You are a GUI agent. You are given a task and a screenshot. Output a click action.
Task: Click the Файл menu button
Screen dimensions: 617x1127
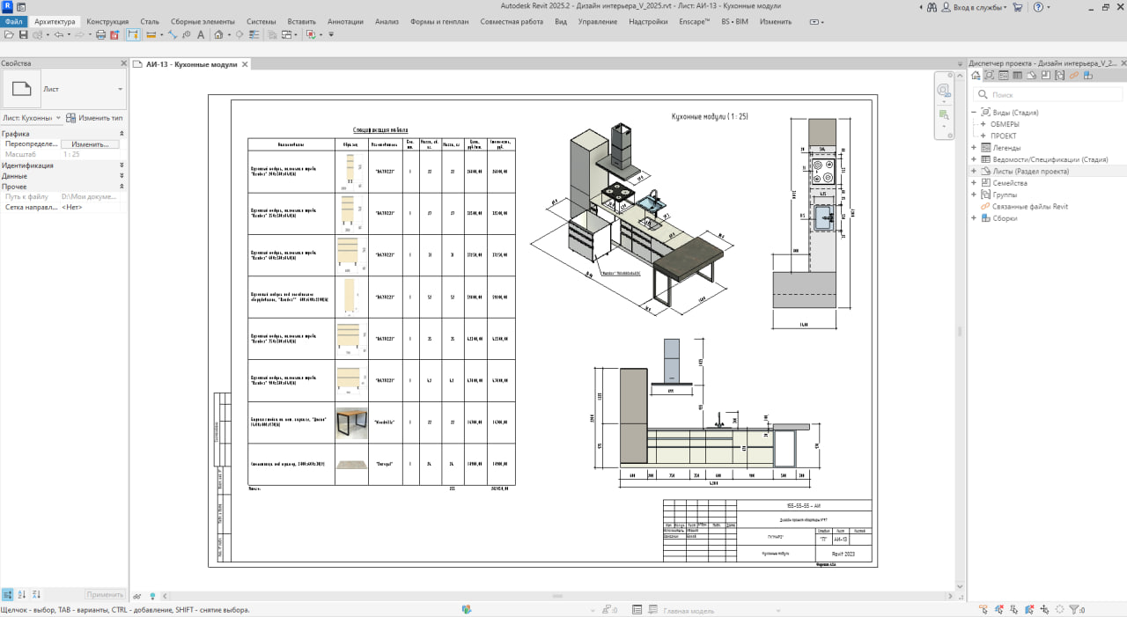click(x=13, y=21)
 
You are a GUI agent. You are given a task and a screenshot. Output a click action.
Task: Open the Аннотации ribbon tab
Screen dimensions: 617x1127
click(x=344, y=21)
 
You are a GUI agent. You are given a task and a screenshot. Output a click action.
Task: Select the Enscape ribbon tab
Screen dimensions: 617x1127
click(x=695, y=21)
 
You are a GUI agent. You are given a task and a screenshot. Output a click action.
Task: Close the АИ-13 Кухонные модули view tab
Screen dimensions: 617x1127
click(x=245, y=64)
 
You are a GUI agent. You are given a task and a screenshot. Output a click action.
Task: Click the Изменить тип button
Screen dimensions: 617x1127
click(x=95, y=117)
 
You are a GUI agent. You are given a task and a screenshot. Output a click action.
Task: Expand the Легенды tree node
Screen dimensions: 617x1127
click(x=974, y=148)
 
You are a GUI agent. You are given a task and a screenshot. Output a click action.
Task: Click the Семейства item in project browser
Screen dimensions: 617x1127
click(x=1009, y=183)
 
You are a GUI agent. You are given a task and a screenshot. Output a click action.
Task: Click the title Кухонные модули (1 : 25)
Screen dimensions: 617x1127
click(x=710, y=116)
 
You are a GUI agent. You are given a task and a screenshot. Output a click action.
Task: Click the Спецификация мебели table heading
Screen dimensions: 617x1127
click(x=380, y=129)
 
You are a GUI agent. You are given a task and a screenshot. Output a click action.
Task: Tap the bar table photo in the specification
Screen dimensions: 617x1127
click(x=351, y=423)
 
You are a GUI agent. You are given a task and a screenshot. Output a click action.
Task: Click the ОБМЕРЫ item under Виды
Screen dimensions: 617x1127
click(x=1005, y=124)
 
